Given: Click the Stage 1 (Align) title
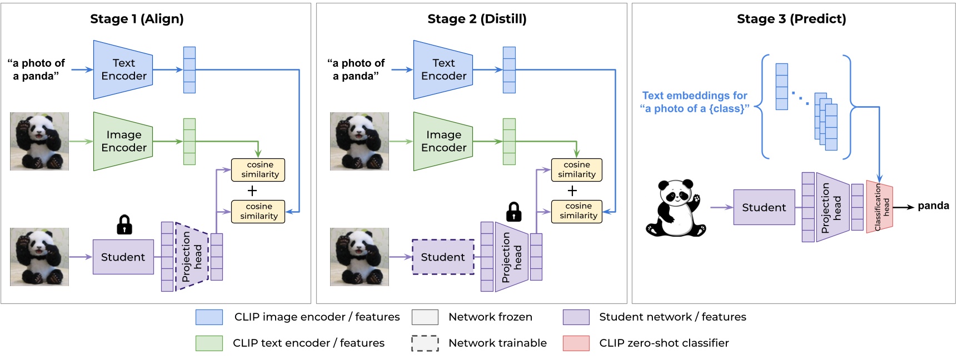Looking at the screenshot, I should [x=137, y=19].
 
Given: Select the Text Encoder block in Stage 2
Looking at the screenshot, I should [x=443, y=70].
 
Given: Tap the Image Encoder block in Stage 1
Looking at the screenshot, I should [x=123, y=141].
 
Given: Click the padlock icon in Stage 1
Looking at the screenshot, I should [x=124, y=224].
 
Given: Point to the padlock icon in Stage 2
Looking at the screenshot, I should [x=514, y=212].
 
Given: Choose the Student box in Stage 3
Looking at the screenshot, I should [x=764, y=207].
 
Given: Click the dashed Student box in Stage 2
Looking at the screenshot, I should [x=443, y=257].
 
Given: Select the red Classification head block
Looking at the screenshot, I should [x=879, y=207].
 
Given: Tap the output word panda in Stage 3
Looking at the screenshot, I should [x=933, y=206].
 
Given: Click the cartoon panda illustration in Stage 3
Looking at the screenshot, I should [x=675, y=208].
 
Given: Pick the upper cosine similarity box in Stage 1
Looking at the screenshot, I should [x=258, y=169].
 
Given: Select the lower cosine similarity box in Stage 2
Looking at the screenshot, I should [x=577, y=211].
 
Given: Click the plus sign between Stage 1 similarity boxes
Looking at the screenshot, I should [x=252, y=191].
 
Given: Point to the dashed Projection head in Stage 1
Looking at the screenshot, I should [x=192, y=257].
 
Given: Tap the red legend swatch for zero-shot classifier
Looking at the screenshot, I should [x=576, y=343].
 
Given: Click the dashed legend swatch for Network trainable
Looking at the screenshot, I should [x=425, y=343].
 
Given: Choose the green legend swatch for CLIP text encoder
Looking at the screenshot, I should [x=209, y=343].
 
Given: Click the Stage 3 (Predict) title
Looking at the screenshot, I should [x=791, y=19].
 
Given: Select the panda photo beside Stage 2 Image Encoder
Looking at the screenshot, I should [x=360, y=141].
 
